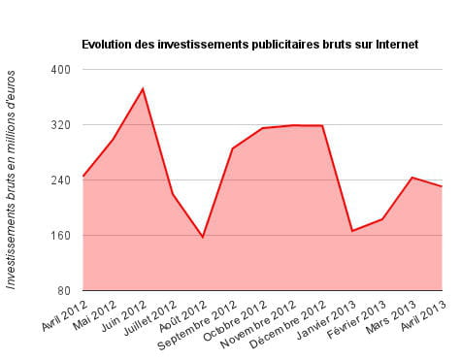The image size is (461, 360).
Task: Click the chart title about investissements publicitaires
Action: (x=249, y=44)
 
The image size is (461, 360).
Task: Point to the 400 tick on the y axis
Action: (x=60, y=70)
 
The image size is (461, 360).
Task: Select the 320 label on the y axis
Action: (x=60, y=125)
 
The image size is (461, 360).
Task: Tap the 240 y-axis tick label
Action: (x=60, y=180)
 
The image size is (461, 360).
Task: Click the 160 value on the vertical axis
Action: (x=60, y=236)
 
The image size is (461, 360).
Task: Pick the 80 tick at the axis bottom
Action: (x=63, y=291)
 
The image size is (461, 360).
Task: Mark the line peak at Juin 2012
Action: (x=143, y=88)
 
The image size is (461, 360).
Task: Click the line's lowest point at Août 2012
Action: (x=203, y=237)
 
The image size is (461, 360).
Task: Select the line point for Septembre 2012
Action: (x=232, y=148)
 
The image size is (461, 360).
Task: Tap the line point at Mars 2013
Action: (x=412, y=178)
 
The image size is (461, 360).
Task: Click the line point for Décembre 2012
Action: (x=322, y=125)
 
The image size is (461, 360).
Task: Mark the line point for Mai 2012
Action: (x=113, y=140)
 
